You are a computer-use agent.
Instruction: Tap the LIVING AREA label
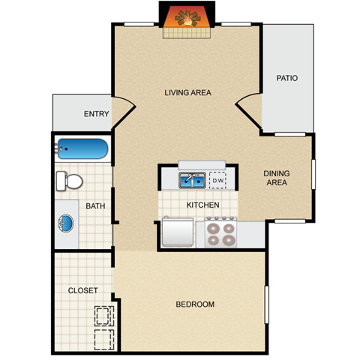pyautogui.click(x=188, y=93)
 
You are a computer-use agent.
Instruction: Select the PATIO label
pyautogui.click(x=287, y=77)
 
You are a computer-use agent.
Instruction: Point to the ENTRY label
pyautogui.click(x=96, y=115)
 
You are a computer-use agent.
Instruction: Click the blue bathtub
pyautogui.click(x=81, y=148)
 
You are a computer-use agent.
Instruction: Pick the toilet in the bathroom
pyautogui.click(x=69, y=180)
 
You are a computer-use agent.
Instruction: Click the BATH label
pyautogui.click(x=94, y=206)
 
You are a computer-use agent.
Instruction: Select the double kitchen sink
pyautogui.click(x=193, y=180)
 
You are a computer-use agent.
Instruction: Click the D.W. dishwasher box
pyautogui.click(x=218, y=180)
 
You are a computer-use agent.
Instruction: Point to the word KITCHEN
pyautogui.click(x=202, y=205)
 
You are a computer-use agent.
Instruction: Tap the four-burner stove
pyautogui.click(x=220, y=232)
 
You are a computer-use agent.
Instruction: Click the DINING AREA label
pyautogui.click(x=277, y=178)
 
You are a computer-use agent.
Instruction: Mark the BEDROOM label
pyautogui.click(x=195, y=304)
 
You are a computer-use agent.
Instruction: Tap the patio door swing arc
pyautogui.click(x=247, y=109)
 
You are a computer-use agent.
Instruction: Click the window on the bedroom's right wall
pyautogui.click(x=266, y=304)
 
